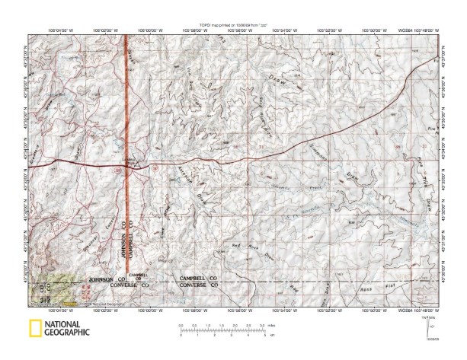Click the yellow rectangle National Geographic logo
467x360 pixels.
coord(34,330)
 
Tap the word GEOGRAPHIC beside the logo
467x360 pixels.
coord(69,333)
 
